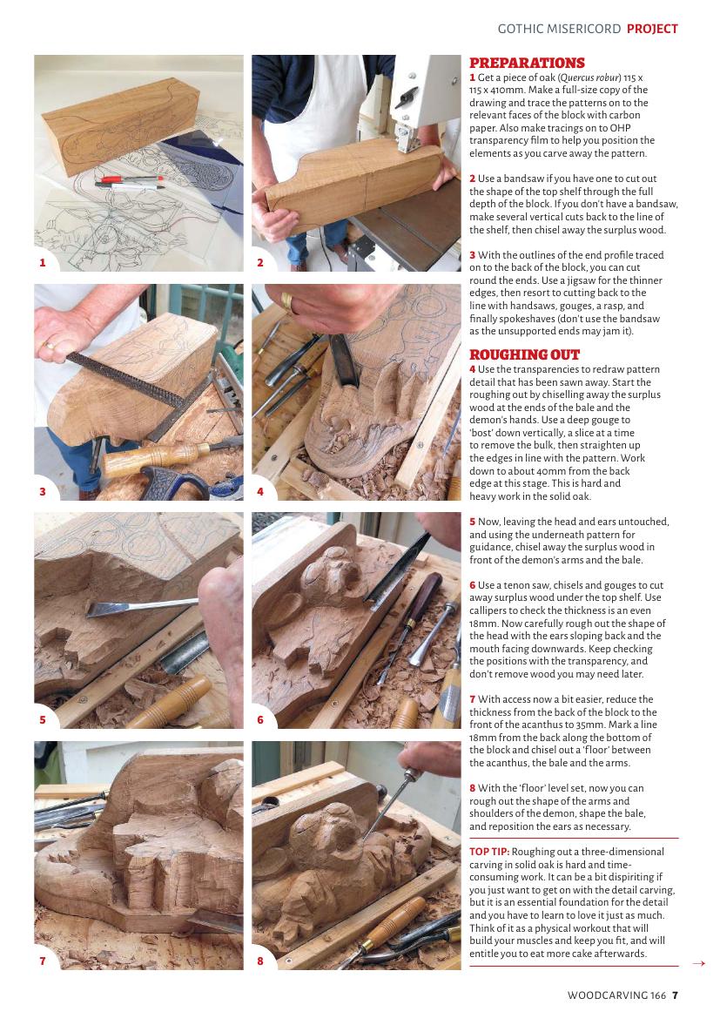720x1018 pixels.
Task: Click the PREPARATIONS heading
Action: click(527, 63)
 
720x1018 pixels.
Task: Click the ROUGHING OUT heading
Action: click(524, 354)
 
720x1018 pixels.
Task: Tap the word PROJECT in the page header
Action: click(652, 29)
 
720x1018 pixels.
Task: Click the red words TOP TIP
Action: click(489, 851)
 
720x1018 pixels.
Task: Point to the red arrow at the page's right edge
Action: click(698, 963)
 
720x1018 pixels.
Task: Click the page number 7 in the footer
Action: click(676, 994)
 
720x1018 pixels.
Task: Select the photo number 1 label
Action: click(43, 262)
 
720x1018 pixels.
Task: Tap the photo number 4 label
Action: click(260, 491)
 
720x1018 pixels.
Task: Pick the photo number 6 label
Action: click(260, 719)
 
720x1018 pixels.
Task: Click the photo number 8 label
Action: click(260, 961)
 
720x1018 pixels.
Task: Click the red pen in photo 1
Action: click(129, 179)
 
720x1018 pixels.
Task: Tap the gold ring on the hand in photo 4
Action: click(286, 300)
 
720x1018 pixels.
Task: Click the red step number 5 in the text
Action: click(473, 522)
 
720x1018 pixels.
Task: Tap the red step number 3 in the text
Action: click(473, 255)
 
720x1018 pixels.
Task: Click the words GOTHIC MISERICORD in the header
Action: click(559, 29)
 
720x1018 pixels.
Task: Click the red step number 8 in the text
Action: click(473, 788)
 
